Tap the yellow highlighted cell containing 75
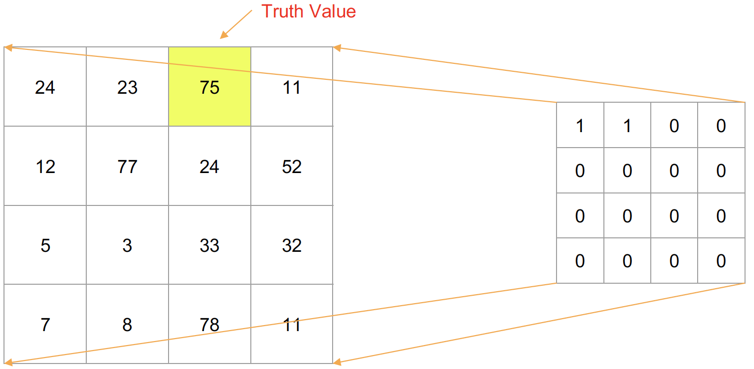click(209, 87)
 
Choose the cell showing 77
click(127, 167)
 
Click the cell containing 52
click(292, 167)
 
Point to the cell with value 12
click(45, 167)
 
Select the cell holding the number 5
click(45, 245)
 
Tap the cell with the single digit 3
click(127, 245)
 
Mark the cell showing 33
click(209, 245)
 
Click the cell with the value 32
click(292, 245)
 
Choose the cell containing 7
click(45, 325)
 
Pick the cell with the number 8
click(127, 325)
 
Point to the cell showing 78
click(209, 325)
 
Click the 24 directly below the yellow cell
click(209, 167)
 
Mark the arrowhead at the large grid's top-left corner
click(8, 48)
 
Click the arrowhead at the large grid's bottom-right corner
click(337, 362)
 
